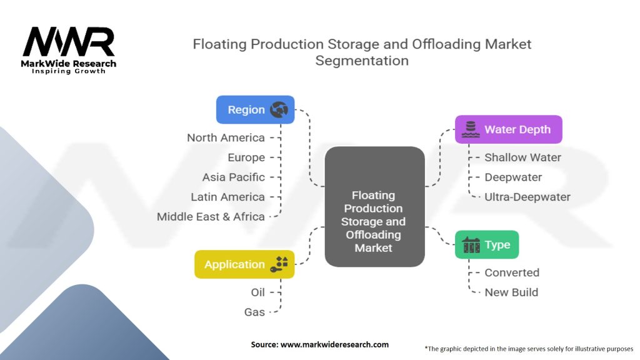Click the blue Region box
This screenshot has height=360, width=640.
255,109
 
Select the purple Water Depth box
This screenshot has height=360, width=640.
508,129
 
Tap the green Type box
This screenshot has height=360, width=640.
487,245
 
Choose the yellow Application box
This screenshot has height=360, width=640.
244,264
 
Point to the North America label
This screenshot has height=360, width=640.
226,137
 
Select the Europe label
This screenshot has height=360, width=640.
246,157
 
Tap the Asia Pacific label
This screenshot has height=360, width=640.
233,177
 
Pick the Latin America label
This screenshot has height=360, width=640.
227,197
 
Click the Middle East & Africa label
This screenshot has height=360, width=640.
211,217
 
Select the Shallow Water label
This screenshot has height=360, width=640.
522,157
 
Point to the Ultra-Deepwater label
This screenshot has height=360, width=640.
527,197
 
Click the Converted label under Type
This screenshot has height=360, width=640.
512,272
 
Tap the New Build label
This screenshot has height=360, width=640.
511,292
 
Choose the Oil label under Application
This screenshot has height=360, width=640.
258,292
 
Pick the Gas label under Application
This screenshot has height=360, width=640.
254,312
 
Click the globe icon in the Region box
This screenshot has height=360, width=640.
279,110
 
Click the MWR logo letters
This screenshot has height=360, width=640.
69,42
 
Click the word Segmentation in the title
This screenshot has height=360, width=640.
362,61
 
